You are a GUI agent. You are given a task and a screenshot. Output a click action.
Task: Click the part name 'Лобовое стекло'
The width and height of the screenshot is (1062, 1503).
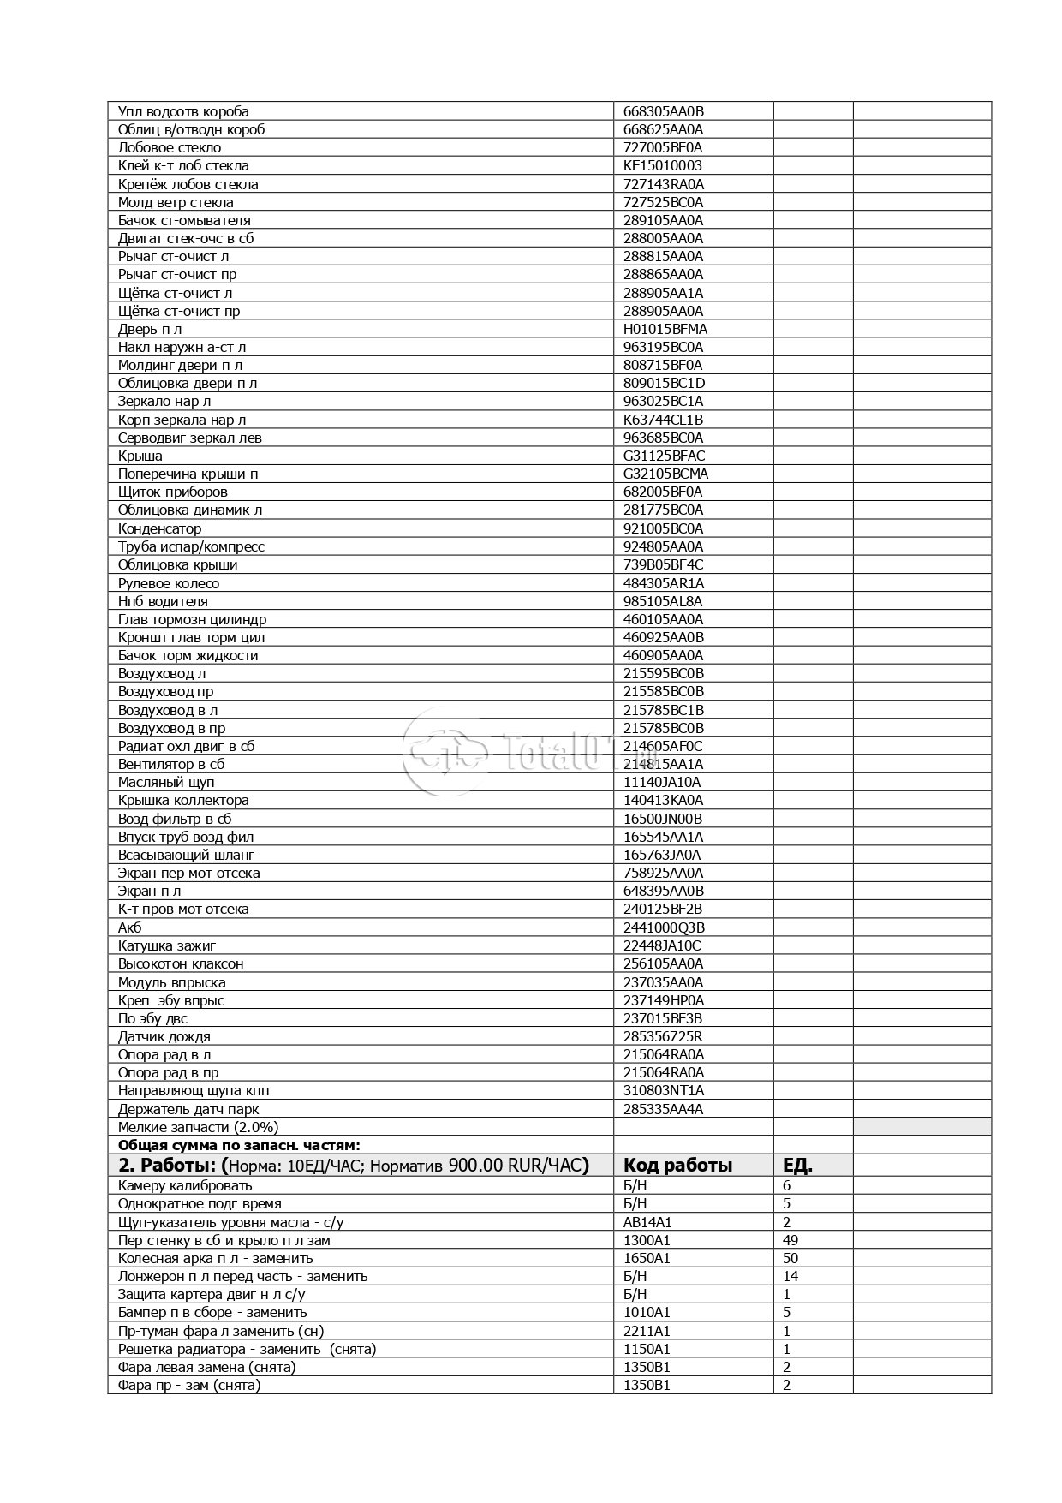point(170,147)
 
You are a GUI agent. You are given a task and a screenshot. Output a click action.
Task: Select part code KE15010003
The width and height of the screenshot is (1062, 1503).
point(662,165)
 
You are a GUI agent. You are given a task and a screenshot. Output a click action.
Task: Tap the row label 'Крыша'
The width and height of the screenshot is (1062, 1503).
point(140,456)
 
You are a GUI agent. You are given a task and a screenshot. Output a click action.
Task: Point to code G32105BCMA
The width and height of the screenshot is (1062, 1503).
point(665,474)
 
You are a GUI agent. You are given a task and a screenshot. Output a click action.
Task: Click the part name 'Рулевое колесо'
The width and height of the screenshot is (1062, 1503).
point(169,583)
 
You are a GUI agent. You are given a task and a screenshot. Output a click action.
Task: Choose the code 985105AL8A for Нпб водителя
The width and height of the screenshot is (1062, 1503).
point(663,601)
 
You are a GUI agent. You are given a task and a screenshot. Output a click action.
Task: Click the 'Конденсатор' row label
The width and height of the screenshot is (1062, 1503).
point(159,528)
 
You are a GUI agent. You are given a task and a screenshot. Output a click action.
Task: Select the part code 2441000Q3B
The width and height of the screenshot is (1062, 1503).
point(664,927)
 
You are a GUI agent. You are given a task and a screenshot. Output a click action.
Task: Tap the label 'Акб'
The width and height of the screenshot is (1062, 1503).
point(129,927)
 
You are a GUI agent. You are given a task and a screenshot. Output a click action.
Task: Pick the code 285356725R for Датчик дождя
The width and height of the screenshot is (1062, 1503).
point(663,1036)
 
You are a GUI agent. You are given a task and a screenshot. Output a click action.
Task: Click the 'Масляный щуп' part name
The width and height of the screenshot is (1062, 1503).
point(166,782)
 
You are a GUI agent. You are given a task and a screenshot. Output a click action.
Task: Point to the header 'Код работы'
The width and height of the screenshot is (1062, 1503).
point(677,1165)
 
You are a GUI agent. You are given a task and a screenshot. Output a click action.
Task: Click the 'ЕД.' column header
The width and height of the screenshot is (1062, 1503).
point(797,1165)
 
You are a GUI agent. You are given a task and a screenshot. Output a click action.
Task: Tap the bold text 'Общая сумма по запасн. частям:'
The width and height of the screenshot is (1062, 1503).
point(239,1145)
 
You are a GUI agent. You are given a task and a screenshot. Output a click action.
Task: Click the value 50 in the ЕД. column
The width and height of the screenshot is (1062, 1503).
point(791,1258)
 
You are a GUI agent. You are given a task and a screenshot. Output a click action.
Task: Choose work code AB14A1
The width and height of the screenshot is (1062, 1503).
point(647,1222)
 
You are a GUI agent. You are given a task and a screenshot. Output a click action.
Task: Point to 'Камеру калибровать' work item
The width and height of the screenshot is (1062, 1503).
point(185,1185)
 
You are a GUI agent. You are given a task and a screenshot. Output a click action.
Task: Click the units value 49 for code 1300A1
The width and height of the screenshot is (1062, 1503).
point(791,1240)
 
